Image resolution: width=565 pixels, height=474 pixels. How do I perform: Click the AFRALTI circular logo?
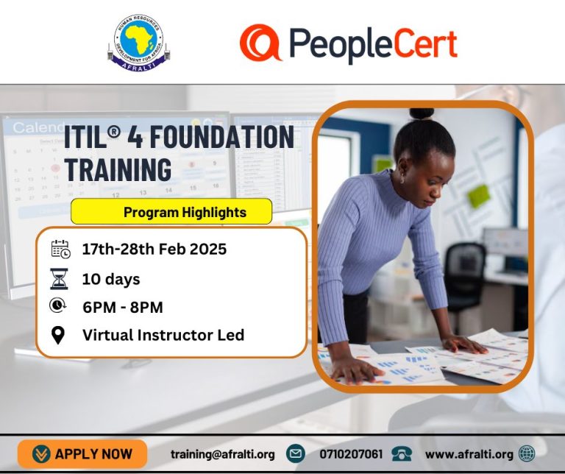click(139, 43)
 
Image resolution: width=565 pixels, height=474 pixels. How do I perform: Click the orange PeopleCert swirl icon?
click(260, 43)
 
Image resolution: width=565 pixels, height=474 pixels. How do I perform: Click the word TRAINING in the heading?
click(118, 169)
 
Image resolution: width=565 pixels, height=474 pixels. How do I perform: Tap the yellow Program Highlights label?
click(171, 212)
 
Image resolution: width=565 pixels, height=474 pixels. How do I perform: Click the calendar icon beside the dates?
click(60, 249)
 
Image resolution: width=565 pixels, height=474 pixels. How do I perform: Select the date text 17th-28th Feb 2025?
click(154, 249)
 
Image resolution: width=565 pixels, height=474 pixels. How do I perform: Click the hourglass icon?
click(60, 279)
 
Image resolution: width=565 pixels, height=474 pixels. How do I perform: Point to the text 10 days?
click(110, 279)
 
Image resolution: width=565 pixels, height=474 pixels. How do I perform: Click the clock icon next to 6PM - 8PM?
click(59, 306)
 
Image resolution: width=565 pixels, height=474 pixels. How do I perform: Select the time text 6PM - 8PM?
click(122, 307)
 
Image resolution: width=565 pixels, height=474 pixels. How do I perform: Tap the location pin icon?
click(59, 335)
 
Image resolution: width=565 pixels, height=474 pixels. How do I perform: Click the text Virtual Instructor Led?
click(163, 335)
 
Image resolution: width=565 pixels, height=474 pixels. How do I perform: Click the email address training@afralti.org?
click(222, 454)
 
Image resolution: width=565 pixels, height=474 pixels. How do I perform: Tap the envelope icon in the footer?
click(296, 454)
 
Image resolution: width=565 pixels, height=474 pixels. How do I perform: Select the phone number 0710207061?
click(351, 454)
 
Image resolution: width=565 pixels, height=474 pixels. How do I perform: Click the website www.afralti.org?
click(469, 454)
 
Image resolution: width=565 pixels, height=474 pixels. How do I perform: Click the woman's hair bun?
click(422, 114)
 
